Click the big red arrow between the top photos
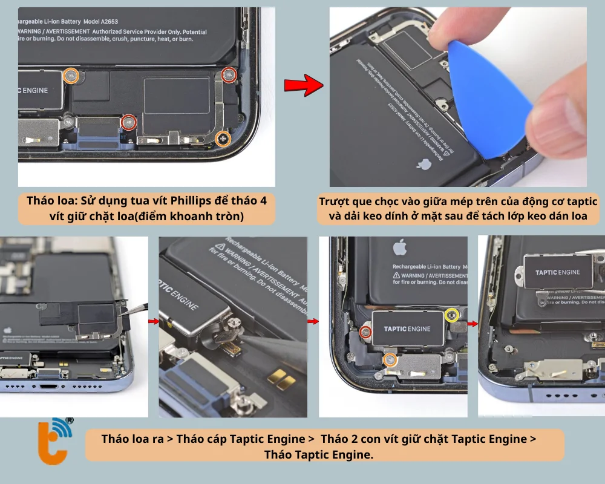click(304, 86)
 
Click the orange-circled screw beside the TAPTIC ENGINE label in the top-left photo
click(71, 76)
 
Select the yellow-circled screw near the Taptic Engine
click(450, 315)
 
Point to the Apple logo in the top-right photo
click(423, 164)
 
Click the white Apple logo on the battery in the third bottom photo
click(399, 247)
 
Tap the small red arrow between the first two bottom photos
click(154, 322)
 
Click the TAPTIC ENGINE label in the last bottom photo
click(557, 272)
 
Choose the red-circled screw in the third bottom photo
click(365, 332)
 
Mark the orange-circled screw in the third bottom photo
click(390, 361)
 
